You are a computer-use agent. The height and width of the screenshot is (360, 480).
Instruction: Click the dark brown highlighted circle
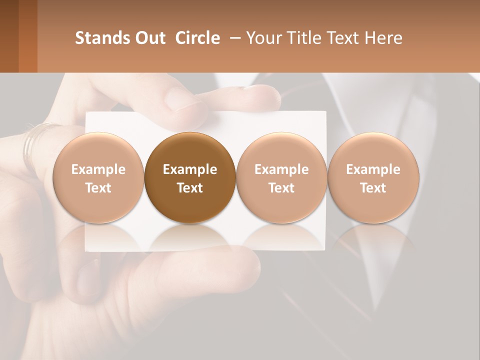(190, 177)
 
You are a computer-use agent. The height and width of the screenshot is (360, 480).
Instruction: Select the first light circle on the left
(98, 177)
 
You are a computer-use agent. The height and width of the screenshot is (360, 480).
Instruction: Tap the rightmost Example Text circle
(373, 177)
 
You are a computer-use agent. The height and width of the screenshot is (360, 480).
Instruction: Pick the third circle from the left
(281, 177)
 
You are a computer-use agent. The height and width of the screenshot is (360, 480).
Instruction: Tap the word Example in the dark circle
(190, 169)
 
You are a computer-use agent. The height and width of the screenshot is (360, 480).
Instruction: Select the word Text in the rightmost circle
(373, 187)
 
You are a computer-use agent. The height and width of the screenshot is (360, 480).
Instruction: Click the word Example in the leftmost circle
(98, 169)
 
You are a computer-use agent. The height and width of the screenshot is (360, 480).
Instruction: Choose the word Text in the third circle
(281, 187)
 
